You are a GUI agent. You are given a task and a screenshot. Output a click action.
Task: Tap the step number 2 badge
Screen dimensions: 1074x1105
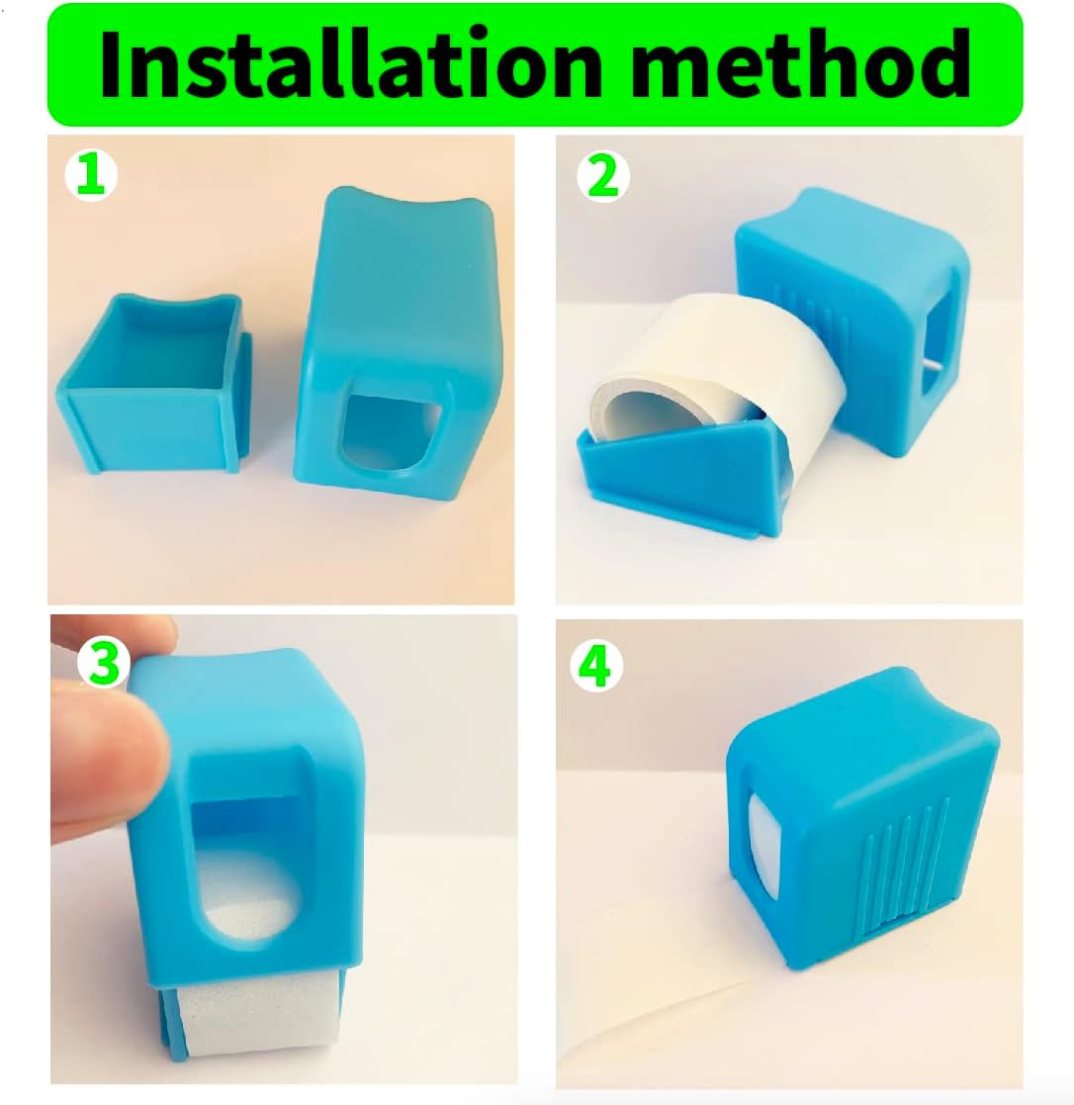(602, 177)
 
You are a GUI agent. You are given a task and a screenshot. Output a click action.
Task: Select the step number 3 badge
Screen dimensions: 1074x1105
(104, 663)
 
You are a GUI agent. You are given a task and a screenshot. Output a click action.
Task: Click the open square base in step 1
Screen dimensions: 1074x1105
(155, 384)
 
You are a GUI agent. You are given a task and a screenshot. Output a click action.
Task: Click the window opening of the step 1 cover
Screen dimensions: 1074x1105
(387, 436)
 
